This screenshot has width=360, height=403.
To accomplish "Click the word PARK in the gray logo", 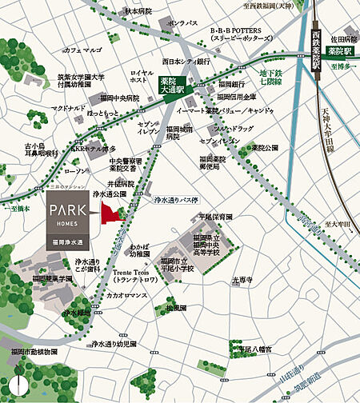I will click(74, 212).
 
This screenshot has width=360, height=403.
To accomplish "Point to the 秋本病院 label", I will click(136, 12).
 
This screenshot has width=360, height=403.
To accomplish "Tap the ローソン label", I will click(74, 171).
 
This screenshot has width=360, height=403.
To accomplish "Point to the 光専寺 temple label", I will click(241, 280).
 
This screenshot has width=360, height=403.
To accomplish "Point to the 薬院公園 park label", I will click(263, 147).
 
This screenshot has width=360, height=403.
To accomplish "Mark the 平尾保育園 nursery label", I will click(214, 217).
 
